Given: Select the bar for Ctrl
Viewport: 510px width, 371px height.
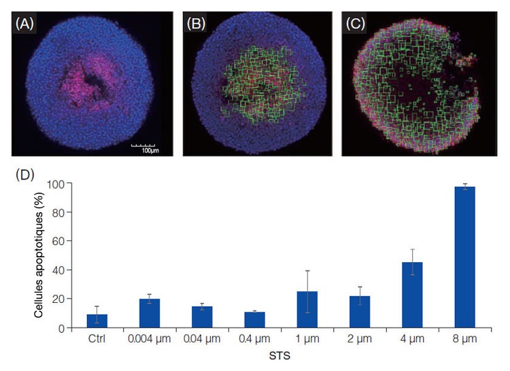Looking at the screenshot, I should tap(97, 321).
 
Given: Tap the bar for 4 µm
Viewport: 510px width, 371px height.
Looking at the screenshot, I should tap(411, 295).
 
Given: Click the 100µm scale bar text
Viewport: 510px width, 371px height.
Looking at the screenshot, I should tap(143, 149).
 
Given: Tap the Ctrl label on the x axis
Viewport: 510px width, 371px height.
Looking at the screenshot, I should tap(97, 338).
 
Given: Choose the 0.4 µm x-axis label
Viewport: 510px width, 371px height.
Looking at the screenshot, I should tap(254, 338).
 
